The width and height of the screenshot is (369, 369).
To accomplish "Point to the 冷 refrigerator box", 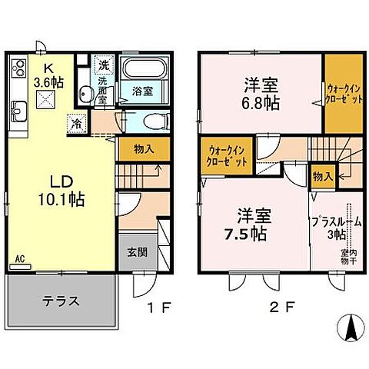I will pyautogui.click(x=77, y=121).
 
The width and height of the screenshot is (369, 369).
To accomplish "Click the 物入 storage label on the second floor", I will pyautogui.click(x=322, y=177).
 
